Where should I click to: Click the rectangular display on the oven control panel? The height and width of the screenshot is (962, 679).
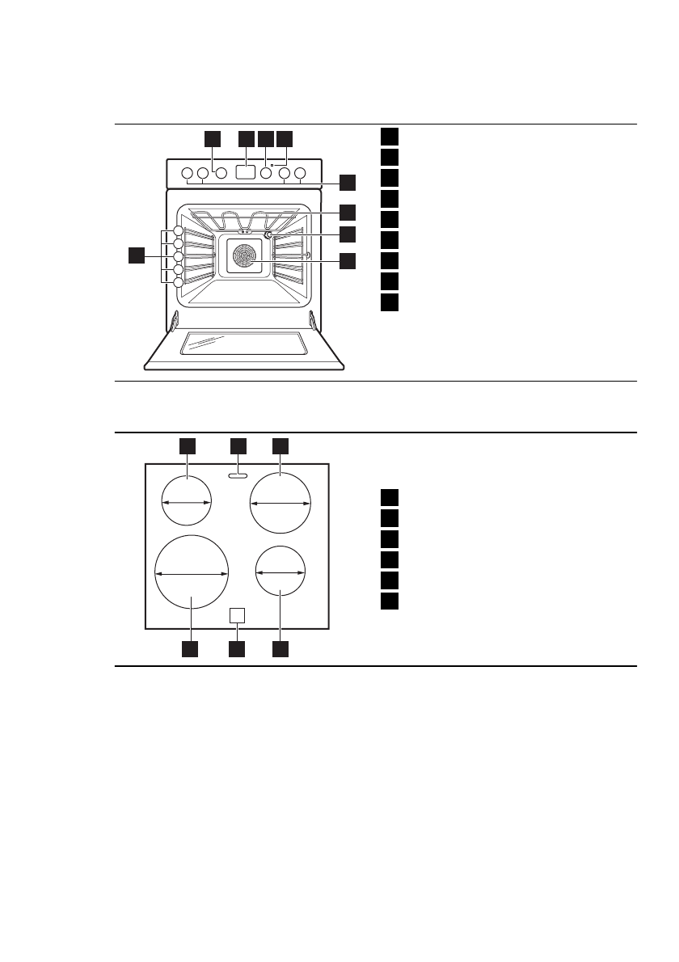tap(246, 172)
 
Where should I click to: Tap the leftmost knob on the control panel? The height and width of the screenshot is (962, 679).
tap(187, 173)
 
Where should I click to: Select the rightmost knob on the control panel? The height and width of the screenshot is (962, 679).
tap(300, 173)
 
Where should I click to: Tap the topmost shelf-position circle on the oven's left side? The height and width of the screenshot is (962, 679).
tap(179, 234)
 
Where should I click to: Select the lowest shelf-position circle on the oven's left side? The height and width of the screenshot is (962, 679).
tap(179, 281)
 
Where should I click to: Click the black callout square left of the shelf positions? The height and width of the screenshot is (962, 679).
tap(137, 256)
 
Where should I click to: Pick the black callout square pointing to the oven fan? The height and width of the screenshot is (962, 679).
tap(347, 260)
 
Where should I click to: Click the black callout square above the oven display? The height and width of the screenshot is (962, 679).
tap(247, 138)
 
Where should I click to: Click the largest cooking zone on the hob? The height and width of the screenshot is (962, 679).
tap(192, 572)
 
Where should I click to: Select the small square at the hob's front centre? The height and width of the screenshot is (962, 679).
tap(236, 615)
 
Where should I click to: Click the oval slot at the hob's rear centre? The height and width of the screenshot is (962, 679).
tap(237, 476)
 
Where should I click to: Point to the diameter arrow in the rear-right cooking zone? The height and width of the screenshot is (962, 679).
tap(280, 502)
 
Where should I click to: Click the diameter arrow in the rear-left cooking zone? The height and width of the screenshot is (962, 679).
tap(186, 502)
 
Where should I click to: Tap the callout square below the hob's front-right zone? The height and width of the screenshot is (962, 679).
tap(280, 648)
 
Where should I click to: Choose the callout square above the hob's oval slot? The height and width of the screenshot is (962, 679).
tap(237, 445)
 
